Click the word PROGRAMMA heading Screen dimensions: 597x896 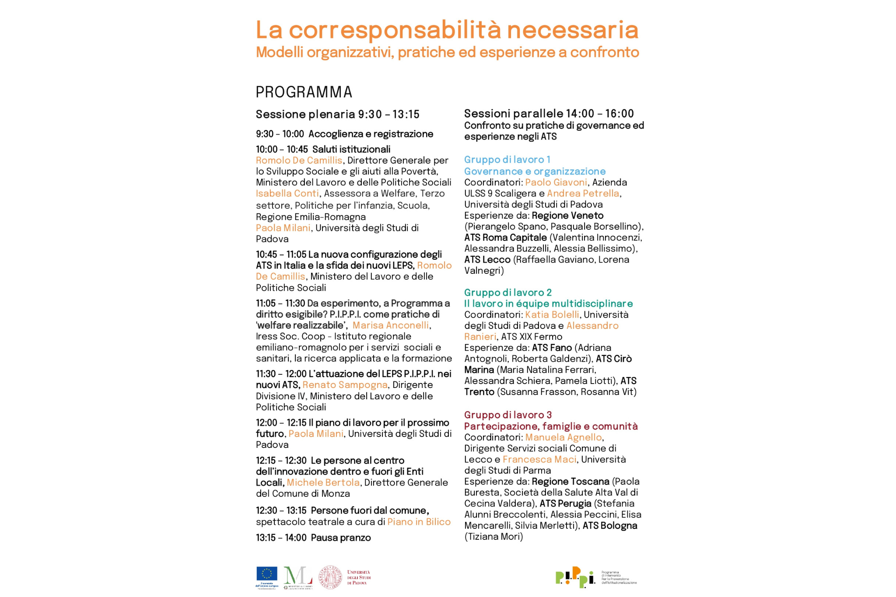304,92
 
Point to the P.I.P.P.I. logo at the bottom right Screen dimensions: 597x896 575,577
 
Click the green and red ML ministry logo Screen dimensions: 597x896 297,577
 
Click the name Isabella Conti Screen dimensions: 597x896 287,193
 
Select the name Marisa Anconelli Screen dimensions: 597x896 391,325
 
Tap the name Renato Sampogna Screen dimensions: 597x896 345,385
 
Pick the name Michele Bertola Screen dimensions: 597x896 323,482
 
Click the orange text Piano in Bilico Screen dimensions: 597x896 419,522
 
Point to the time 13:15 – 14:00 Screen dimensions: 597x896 281,538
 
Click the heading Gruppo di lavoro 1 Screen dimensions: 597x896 507,160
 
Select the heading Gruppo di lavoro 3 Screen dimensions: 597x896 507,415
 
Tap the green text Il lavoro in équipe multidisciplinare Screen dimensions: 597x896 548,304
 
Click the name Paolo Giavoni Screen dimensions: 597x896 556,182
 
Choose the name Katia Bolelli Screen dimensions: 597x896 552,314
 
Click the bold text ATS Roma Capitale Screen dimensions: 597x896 505,237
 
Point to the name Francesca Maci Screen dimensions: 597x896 539,459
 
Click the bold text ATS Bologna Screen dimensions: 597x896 609,525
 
